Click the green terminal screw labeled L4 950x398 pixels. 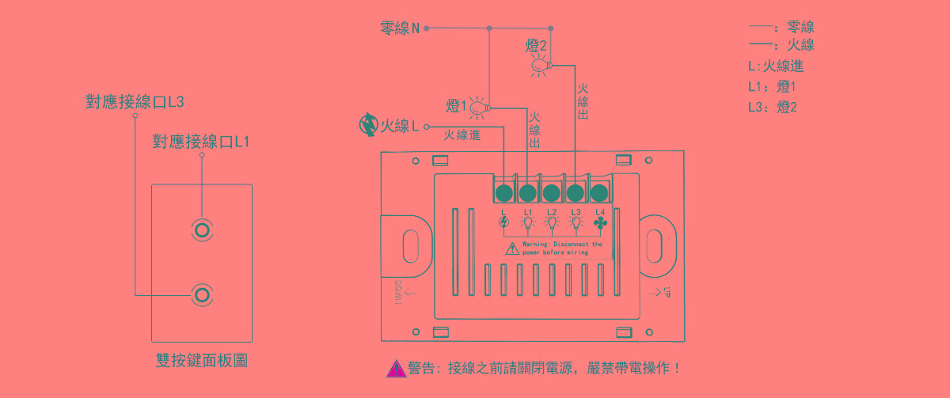click(x=599, y=192)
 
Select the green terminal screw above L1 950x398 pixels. click(x=528, y=192)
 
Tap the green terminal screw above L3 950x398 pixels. click(x=576, y=192)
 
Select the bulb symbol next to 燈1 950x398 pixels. click(x=479, y=106)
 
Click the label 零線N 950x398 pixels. click(x=400, y=29)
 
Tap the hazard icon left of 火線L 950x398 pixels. click(x=368, y=125)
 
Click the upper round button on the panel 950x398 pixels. click(x=202, y=230)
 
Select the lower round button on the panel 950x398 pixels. click(x=202, y=295)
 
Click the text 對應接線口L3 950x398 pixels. click(x=135, y=102)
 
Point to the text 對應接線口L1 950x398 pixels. click(x=201, y=142)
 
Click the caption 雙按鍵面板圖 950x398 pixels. click(x=202, y=361)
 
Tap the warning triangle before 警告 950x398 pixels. click(x=396, y=368)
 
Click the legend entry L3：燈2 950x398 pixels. click(x=772, y=108)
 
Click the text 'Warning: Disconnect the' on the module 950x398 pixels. click(x=562, y=244)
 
